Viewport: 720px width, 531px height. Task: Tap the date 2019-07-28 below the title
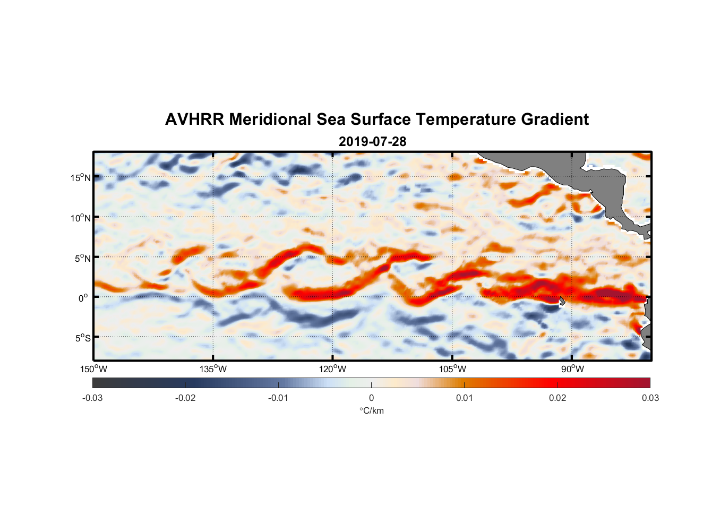coord(372,142)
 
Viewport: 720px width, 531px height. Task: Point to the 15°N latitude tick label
coord(80,177)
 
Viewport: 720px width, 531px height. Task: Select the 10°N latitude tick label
coord(80,218)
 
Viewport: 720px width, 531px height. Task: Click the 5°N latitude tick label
coord(82,258)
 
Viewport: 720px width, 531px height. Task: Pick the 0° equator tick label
coord(83,298)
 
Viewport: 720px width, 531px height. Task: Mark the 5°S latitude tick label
coord(82,338)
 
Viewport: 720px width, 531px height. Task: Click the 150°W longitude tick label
coord(93,369)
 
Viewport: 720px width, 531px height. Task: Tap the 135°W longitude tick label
coord(213,369)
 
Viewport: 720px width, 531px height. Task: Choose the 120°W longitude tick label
coord(332,369)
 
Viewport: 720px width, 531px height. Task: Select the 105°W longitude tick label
coord(452,369)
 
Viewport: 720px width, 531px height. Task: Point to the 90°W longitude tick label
coord(572,369)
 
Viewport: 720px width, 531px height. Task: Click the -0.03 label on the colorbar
coord(92,398)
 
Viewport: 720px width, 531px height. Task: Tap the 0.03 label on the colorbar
coord(650,398)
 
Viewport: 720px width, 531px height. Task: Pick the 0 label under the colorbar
coord(371,398)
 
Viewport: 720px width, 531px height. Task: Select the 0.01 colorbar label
coord(464,398)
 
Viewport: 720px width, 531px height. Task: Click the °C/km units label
coord(371,410)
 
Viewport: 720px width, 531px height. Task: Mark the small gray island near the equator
coord(562,301)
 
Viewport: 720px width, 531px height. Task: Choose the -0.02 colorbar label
coord(185,398)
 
